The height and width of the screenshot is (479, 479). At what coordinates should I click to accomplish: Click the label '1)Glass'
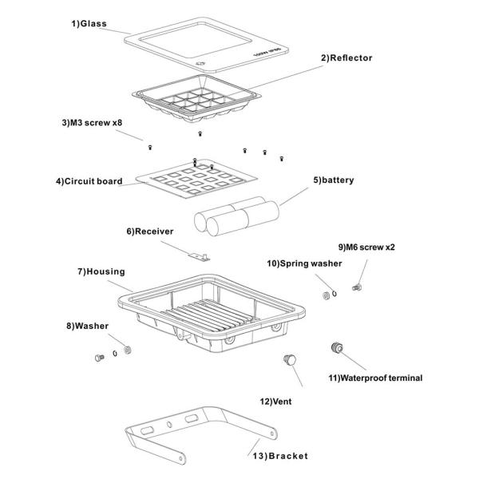(89, 23)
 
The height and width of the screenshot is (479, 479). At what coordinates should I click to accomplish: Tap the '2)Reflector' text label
(346, 57)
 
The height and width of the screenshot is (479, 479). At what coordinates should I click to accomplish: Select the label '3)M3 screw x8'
(92, 122)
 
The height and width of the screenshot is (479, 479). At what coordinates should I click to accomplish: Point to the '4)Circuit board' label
(89, 181)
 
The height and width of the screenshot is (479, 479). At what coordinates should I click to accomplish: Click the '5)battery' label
(334, 180)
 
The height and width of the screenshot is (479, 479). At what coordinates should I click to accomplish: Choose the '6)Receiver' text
(150, 232)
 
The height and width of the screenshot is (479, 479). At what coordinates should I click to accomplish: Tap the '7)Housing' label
(101, 271)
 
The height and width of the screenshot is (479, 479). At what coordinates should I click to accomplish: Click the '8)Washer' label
(87, 326)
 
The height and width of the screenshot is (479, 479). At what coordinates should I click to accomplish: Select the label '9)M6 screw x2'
(366, 247)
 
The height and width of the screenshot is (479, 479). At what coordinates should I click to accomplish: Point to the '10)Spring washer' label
(304, 263)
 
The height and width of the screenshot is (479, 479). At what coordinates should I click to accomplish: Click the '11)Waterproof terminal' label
(375, 378)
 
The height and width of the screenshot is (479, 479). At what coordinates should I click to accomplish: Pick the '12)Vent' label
(275, 402)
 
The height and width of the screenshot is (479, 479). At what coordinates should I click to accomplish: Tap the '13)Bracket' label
(280, 456)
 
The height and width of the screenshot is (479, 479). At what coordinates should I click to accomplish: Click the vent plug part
(290, 360)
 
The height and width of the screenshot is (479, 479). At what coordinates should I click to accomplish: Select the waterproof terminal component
(337, 347)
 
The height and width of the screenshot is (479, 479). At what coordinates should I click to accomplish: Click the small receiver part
(199, 257)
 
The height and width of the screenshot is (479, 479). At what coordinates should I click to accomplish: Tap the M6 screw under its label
(357, 287)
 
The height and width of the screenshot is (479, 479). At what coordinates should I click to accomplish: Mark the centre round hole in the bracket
(169, 425)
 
